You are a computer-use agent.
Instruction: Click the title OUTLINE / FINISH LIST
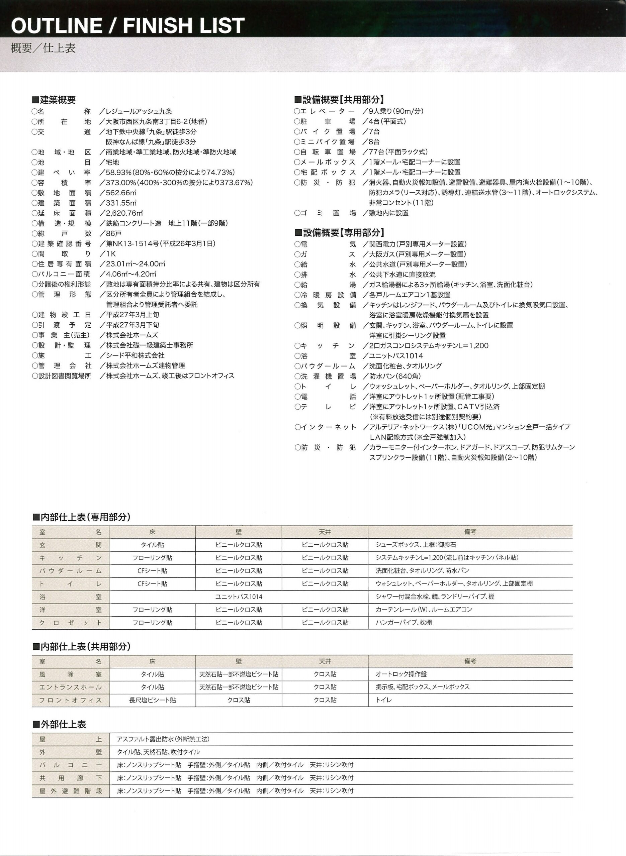coord(128,26)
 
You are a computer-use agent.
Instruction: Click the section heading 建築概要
coord(54,100)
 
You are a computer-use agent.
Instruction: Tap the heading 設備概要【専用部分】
coord(340,232)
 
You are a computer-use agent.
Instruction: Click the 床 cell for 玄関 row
coord(152,545)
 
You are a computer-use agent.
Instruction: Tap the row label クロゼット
coord(71,622)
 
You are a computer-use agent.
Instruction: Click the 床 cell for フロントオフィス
coord(152,700)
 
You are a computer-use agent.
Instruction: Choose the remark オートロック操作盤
coord(401,674)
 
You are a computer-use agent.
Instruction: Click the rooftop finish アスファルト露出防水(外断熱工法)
coord(163,739)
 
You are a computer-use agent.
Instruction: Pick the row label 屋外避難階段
coord(71,791)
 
